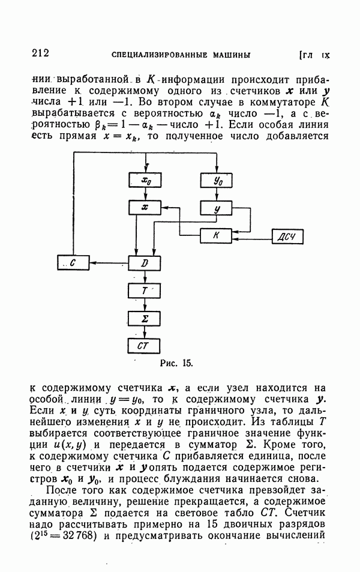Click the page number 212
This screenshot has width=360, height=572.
pyautogui.click(x=39, y=53)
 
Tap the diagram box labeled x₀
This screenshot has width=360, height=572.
pyautogui.click(x=145, y=179)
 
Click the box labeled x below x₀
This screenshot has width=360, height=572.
pyautogui.click(x=145, y=207)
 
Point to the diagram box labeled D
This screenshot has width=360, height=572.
pyautogui.click(x=145, y=263)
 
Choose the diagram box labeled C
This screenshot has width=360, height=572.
pyautogui.click(x=73, y=262)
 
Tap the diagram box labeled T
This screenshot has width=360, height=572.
pyautogui.click(x=145, y=290)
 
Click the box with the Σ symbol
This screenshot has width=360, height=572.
pyautogui.click(x=145, y=318)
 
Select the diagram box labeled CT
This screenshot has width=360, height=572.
pyautogui.click(x=145, y=346)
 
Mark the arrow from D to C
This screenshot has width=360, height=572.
pyautogui.click(x=109, y=262)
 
